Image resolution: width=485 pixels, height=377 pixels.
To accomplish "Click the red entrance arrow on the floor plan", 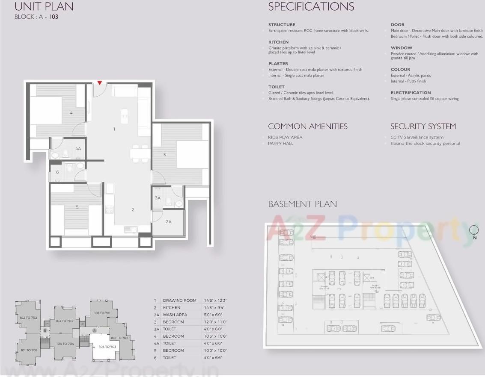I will coord(100,82).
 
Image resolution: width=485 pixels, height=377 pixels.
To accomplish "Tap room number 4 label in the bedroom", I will coord(71,113).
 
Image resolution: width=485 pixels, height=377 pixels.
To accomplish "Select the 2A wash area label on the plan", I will coord(169,221).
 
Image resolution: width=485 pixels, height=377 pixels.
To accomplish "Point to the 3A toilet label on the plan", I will coord(158,198).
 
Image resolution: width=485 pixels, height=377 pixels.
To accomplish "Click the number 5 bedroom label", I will coord(77,207).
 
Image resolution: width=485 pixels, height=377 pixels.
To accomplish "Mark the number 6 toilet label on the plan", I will coord(57,172).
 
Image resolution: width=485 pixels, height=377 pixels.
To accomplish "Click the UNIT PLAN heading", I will coord(44,7).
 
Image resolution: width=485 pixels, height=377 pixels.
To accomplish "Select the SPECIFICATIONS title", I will coord(311,7).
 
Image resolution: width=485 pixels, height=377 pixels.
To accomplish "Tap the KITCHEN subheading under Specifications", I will coord(278,42).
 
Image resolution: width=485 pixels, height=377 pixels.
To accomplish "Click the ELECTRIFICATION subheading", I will coord(411,93).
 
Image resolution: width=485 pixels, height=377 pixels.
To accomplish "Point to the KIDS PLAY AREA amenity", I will coord(285,137).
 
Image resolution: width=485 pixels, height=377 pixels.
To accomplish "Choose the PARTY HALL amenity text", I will coord(281,144).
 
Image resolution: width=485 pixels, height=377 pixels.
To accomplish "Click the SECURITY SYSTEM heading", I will coord(423,127).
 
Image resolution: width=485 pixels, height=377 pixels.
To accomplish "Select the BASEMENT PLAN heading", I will coord(302,204).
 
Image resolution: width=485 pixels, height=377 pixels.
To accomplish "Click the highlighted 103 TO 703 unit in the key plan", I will coord(107,347).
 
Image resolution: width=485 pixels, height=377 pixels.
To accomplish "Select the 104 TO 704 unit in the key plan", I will coord(65,344).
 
